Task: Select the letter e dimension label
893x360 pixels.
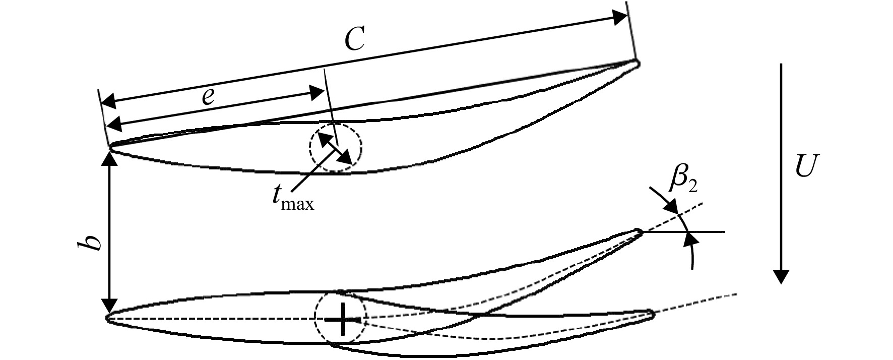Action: point(208,96)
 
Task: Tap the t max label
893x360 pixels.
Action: point(290,199)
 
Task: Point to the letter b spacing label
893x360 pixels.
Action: point(94,240)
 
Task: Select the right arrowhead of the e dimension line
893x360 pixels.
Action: point(316,92)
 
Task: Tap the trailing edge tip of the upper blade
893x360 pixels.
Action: point(637,63)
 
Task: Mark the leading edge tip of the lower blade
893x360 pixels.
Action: point(107,318)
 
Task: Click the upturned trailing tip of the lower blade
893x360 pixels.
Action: point(640,232)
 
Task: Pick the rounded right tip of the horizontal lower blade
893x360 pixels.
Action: point(653,315)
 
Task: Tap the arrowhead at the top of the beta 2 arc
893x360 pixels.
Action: point(670,207)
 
